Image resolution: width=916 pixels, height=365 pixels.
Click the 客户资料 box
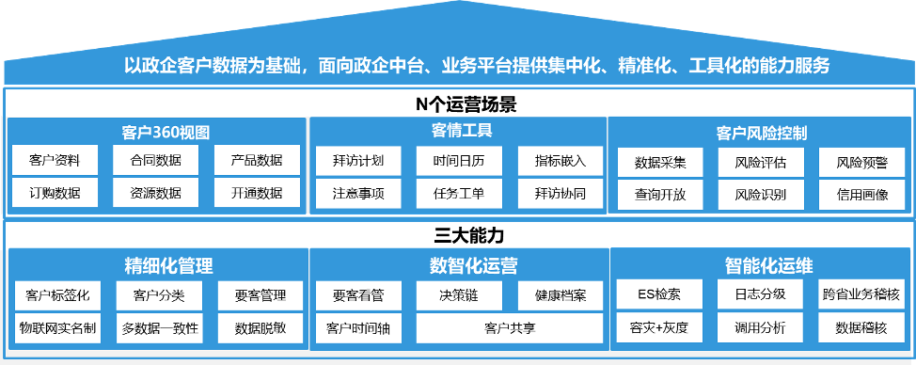click(55, 160)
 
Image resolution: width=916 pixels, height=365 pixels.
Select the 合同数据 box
click(155, 160)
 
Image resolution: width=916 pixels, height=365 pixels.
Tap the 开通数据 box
click(256, 194)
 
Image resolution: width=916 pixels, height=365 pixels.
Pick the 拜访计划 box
click(358, 160)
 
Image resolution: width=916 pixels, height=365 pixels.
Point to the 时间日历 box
click(459, 160)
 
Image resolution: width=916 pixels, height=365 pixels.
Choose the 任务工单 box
click(459, 194)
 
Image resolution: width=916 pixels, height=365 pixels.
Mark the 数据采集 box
click(660, 162)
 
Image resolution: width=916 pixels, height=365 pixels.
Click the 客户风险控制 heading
click(761, 133)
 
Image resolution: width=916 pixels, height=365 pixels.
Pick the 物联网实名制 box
click(55, 329)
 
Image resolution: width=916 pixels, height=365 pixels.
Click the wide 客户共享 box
click(510, 328)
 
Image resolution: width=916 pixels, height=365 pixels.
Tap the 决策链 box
click(459, 295)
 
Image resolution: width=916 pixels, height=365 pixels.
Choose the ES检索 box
click(659, 294)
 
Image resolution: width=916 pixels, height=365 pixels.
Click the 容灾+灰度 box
click(659, 328)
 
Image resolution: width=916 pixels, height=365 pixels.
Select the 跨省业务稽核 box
click(861, 294)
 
